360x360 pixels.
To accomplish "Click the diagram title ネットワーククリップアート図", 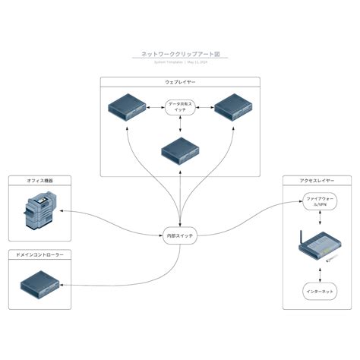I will click(x=180, y=55).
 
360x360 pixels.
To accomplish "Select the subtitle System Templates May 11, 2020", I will click(x=180, y=62).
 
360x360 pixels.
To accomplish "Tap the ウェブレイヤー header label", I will click(x=180, y=81).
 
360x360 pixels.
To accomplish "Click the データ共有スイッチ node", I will click(x=180, y=106).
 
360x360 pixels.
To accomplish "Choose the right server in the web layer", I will click(x=232, y=107).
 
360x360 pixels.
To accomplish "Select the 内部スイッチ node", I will click(x=180, y=236).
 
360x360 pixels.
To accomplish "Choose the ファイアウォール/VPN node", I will click(x=314, y=201).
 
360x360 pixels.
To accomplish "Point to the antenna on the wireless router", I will click(x=302, y=238).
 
